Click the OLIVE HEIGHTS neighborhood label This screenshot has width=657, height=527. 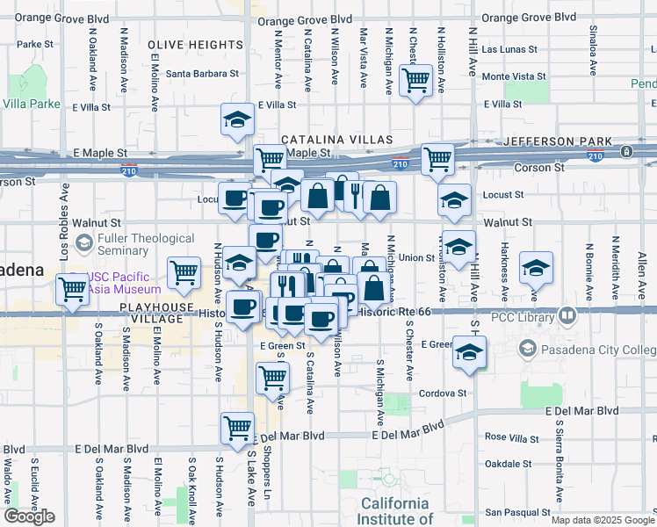[x=195, y=45]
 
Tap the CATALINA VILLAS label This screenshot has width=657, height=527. [x=337, y=141]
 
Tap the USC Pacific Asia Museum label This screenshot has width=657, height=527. [x=125, y=282]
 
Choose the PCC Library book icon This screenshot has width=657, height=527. [x=567, y=314]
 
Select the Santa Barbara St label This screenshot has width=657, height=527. [x=203, y=75]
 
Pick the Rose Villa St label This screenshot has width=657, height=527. [x=509, y=437]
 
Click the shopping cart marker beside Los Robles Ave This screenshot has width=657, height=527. [x=73, y=288]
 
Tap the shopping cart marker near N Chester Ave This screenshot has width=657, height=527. [x=415, y=81]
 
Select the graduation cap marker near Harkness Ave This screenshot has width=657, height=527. [x=536, y=268]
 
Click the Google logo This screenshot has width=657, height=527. [x=30, y=516]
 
